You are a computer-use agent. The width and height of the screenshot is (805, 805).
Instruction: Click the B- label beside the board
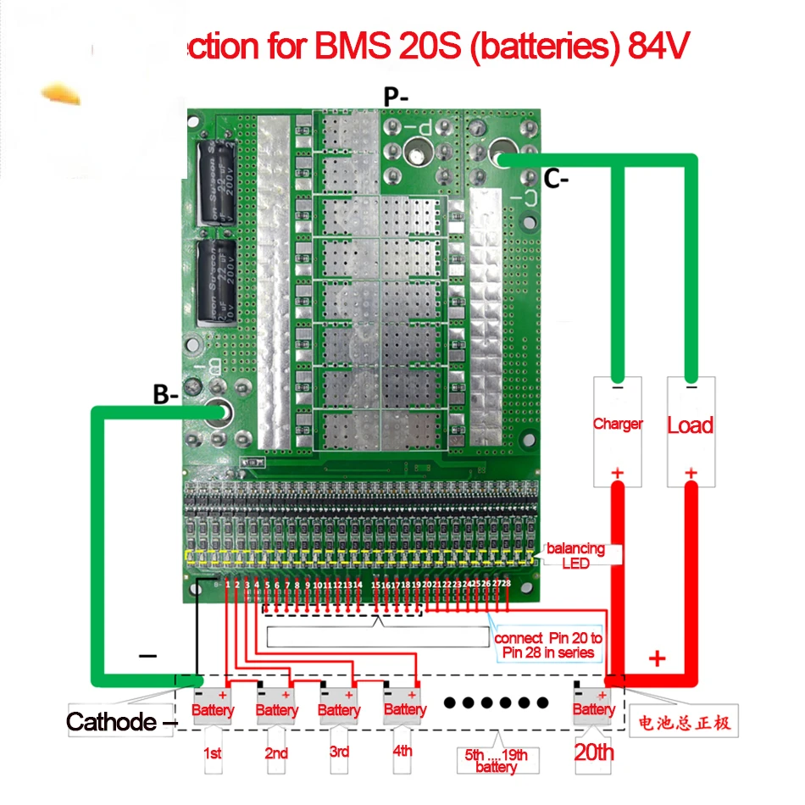[166, 394]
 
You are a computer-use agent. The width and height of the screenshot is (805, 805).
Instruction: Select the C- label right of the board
[557, 180]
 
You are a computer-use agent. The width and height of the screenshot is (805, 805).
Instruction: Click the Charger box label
[618, 424]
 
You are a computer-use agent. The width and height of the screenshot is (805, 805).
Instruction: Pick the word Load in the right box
[690, 425]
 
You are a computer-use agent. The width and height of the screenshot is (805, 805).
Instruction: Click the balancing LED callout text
[575, 555]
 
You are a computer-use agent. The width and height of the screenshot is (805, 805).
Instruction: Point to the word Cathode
[111, 722]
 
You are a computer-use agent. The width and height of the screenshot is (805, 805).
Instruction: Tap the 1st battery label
[213, 752]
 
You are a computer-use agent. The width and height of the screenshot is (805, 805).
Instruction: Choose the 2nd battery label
[276, 752]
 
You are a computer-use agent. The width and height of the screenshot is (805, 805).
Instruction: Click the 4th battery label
[403, 751]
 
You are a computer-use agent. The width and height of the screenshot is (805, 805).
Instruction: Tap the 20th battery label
[593, 752]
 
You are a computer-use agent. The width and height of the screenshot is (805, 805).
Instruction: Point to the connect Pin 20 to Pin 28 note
[548, 645]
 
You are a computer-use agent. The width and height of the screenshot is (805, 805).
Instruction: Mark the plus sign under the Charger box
[618, 473]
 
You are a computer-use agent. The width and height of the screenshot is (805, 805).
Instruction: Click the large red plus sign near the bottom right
[658, 658]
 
